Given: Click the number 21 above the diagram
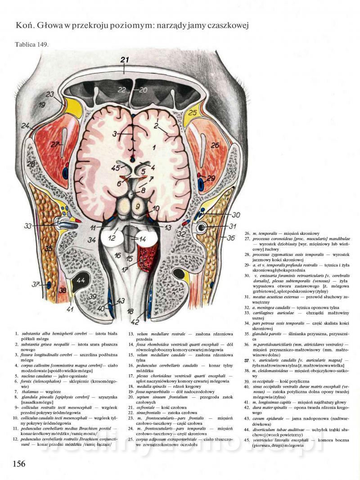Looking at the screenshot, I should tap(125, 60).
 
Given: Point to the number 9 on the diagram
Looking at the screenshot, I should tap(138, 207).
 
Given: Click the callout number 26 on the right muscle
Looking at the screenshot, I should tap(215, 145).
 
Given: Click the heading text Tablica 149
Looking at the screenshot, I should tap(31, 44).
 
